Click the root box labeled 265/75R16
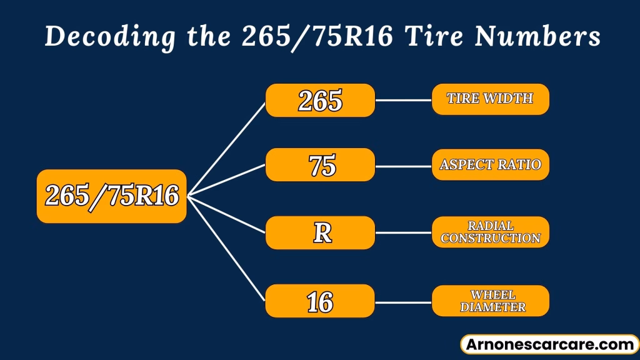click(x=111, y=196)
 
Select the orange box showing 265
click(x=320, y=100)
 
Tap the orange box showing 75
click(x=320, y=165)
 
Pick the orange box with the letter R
click(x=320, y=232)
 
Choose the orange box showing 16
click(x=320, y=301)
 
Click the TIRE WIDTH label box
click(x=490, y=99)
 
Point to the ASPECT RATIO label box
click(x=490, y=165)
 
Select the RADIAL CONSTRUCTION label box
click(x=490, y=232)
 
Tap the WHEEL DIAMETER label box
click(x=490, y=301)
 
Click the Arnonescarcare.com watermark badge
click(x=549, y=344)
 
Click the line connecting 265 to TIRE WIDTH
click(x=403, y=100)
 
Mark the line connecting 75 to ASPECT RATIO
click(x=403, y=166)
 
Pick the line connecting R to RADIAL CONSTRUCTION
click(x=403, y=233)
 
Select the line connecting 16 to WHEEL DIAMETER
click(x=403, y=301)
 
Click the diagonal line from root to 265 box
click(x=226, y=149)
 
